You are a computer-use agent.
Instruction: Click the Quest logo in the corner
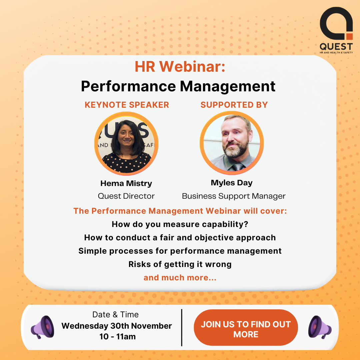click(x=336, y=30)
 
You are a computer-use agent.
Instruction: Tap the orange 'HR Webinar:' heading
click(x=180, y=67)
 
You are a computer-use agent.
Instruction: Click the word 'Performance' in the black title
click(x=128, y=86)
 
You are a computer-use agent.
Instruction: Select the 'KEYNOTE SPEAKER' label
click(x=127, y=105)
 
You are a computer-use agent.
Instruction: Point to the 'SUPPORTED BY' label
click(x=234, y=105)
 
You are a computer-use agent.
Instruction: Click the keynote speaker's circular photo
click(x=126, y=143)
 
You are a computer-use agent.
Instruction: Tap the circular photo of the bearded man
click(x=232, y=143)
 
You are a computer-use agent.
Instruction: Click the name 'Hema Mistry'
click(x=126, y=183)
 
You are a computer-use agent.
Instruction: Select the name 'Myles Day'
click(x=232, y=183)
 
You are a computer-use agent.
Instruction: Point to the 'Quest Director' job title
click(x=126, y=196)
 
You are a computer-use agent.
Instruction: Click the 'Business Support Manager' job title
click(x=234, y=196)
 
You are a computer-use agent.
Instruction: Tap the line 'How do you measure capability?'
click(x=180, y=224)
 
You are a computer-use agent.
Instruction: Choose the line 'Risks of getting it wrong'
click(x=180, y=264)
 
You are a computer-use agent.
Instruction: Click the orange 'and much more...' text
click(x=180, y=278)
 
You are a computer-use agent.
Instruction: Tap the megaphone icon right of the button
click(x=320, y=327)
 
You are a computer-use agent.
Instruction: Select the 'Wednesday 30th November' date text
click(x=117, y=326)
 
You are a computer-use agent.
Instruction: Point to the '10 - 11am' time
click(x=118, y=337)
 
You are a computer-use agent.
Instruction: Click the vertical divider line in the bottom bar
click(x=182, y=327)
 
